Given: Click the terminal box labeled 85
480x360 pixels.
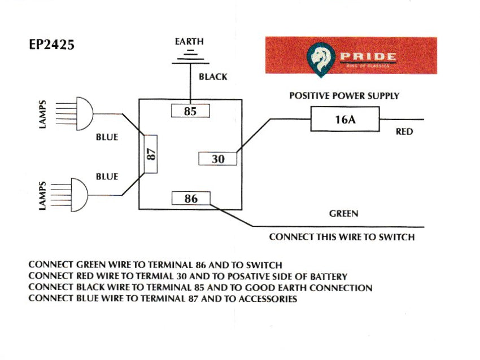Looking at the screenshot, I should click(x=190, y=111).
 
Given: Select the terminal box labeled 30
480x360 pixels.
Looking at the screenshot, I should click(x=218, y=159).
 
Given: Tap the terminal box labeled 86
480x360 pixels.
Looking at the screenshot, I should click(x=191, y=198).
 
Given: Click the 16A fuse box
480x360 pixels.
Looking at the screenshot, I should click(x=344, y=120).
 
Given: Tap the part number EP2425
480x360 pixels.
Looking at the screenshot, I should click(x=51, y=45).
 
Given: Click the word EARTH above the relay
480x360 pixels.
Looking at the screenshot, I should click(x=190, y=42).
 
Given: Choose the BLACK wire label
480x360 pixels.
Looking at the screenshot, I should click(x=213, y=77).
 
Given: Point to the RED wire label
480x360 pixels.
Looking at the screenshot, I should click(x=404, y=132).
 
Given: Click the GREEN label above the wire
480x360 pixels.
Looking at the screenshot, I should click(x=343, y=214).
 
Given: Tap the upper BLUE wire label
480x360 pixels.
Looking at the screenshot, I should click(x=107, y=137).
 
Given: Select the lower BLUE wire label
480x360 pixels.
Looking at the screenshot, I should click(x=107, y=177).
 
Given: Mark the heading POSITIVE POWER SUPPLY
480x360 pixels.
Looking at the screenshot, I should click(x=344, y=96).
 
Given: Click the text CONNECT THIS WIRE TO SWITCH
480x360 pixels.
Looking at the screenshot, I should click(x=342, y=237).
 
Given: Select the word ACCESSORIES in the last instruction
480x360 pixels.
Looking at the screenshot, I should click(x=268, y=299).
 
